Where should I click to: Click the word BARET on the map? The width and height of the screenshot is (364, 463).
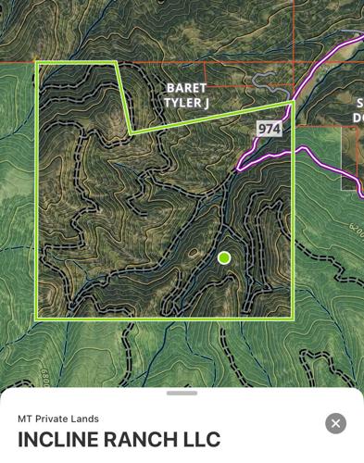tap(186, 88)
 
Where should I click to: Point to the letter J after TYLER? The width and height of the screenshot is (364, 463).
tap(206, 103)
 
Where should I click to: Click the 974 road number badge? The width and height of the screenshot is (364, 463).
tap(269, 129)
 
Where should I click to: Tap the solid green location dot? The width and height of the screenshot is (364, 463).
tap(224, 257)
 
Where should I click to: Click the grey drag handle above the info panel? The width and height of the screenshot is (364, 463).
tap(182, 393)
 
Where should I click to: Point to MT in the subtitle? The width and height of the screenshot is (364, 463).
tap(25, 419)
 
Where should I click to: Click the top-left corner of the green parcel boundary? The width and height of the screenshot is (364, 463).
tap(37, 63)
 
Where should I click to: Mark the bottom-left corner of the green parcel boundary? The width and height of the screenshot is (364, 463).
tap(37, 319)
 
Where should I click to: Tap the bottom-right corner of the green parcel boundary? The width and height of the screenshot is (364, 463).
tap(293, 319)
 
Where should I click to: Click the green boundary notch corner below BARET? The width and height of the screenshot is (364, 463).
tap(132, 132)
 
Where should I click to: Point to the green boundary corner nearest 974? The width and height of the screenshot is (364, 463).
tap(291, 102)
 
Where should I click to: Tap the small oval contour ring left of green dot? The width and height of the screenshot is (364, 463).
tap(192, 251)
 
